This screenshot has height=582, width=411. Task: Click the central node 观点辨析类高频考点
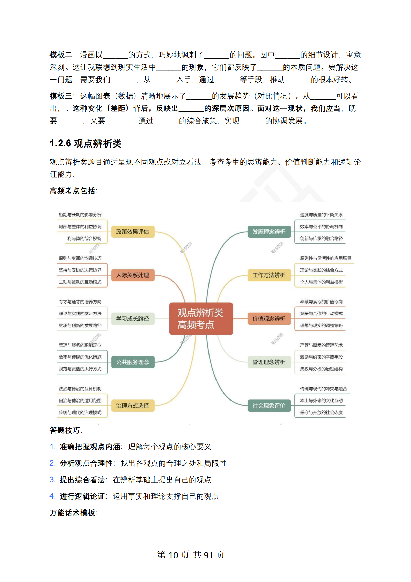tap(201, 318)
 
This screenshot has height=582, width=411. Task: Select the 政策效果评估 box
tap(133, 232)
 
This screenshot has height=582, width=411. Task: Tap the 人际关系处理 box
tap(133, 275)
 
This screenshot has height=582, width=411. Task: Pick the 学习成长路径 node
tap(133, 319)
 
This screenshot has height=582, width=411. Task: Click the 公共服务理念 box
tap(133, 362)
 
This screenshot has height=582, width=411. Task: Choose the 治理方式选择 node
tap(133, 405)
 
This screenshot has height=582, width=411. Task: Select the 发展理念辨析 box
tap(269, 232)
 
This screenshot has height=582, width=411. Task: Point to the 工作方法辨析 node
tap(269, 275)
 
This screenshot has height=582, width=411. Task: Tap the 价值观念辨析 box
tap(269, 319)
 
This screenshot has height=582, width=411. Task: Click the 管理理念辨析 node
tap(269, 362)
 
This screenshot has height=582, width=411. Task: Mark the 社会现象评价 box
tap(269, 405)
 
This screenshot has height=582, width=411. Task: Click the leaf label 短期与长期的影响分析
tap(80, 215)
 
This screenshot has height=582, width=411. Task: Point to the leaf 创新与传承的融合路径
tap(321, 238)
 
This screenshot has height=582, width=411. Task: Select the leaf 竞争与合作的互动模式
tap(321, 313)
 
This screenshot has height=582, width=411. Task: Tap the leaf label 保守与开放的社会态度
tap(321, 412)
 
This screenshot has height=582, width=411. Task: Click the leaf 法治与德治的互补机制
tap(80, 389)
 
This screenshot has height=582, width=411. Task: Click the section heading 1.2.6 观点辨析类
tap(85, 143)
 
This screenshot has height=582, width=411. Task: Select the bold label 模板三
tap(61, 96)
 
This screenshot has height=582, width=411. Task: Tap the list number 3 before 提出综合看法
tap(52, 480)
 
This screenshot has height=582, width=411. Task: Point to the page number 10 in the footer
tap(173, 555)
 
